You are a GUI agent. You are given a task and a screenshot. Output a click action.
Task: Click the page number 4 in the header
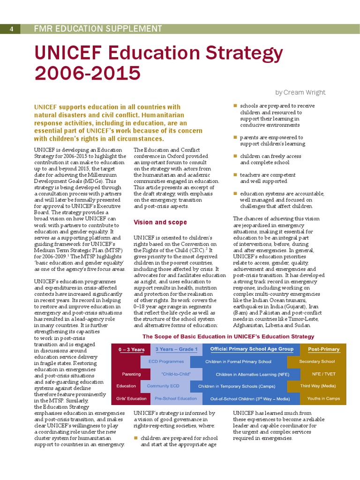(x=11, y=29)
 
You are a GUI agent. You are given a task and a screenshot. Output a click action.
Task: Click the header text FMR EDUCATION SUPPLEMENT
(x=98, y=29)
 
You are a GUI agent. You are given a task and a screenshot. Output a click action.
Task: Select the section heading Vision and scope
(x=160, y=222)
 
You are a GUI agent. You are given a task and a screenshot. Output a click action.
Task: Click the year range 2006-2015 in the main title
(x=88, y=73)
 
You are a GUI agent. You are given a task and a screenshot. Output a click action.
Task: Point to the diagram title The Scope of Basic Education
(x=228, y=337)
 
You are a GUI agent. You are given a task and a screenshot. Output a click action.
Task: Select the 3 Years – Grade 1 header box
(x=176, y=349)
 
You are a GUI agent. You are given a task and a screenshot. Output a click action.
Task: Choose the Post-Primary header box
(x=323, y=349)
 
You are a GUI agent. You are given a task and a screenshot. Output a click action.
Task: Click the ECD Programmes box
(x=166, y=361)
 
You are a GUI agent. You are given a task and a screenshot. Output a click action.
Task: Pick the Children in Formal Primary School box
(x=238, y=361)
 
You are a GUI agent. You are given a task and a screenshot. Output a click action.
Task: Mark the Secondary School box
(x=317, y=361)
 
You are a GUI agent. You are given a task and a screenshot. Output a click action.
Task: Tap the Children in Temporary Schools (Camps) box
(x=237, y=386)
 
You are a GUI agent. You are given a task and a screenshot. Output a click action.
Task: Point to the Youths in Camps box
(x=323, y=398)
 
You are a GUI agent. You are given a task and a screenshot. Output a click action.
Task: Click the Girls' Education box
(x=131, y=398)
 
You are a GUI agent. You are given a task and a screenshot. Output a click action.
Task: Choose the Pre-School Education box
(x=176, y=398)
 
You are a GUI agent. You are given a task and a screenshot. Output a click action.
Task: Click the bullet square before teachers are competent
(x=235, y=175)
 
